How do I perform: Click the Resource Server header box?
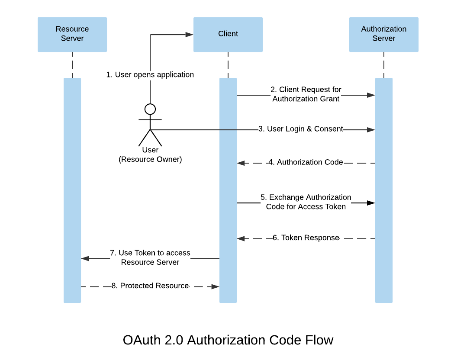pos(72,34)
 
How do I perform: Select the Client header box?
pos(228,34)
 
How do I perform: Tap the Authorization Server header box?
pos(383,34)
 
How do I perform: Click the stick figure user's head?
pos(150,109)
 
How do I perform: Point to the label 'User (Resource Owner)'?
pos(150,155)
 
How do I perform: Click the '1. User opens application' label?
pos(150,75)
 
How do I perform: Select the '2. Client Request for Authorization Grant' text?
pos(306,94)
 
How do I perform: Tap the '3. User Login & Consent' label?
pos(300,129)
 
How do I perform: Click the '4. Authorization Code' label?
pos(306,163)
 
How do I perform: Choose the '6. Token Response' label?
pos(306,238)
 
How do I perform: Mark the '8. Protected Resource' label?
pos(150,286)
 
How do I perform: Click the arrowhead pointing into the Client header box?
pos(189,35)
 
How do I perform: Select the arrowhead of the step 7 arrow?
pos(85,258)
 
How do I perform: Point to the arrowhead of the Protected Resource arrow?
pos(215,286)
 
